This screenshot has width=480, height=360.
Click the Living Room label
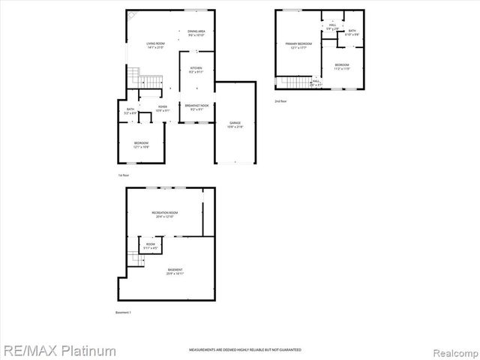pyautogui.click(x=156, y=46)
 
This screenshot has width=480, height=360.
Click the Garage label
pyautogui.click(x=235, y=124)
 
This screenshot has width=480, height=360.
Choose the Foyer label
pyautogui.click(x=162, y=109)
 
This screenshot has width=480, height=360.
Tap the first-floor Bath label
pyautogui.click(x=130, y=112)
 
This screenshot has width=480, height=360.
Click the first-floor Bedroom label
pyautogui.click(x=141, y=144)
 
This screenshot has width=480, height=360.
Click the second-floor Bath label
pyautogui.click(x=352, y=32)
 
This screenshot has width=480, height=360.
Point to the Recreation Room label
pyautogui.click(x=163, y=214)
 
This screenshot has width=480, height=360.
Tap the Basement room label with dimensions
pyautogui.click(x=175, y=271)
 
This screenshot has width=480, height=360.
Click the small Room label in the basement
pyautogui.click(x=151, y=246)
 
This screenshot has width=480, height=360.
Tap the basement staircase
pyautogui.click(x=135, y=257)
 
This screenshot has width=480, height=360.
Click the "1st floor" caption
pyautogui.click(x=124, y=175)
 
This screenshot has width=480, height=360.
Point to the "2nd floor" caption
pyautogui.click(x=280, y=100)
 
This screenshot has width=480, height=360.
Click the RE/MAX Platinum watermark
pyautogui.click(x=58, y=350)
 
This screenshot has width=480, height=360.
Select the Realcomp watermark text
pyautogui.click(x=453, y=350)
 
